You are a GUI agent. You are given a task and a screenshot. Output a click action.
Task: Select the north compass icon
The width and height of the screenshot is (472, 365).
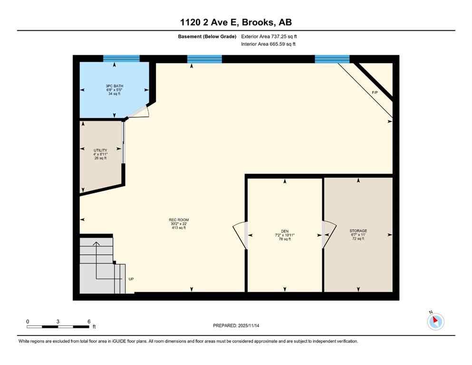[x=435, y=321]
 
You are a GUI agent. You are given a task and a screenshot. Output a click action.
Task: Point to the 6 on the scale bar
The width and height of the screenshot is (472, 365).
[x=89, y=322]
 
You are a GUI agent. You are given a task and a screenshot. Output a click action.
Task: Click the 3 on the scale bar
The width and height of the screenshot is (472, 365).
[x=58, y=322]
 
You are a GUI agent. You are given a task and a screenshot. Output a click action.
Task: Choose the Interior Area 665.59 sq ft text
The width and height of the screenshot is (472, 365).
[x=269, y=45]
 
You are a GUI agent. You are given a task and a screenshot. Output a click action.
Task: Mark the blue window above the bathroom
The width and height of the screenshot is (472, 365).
[x=121, y=58]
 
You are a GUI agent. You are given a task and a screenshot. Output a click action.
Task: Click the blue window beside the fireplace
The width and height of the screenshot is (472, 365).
[x=332, y=59]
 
